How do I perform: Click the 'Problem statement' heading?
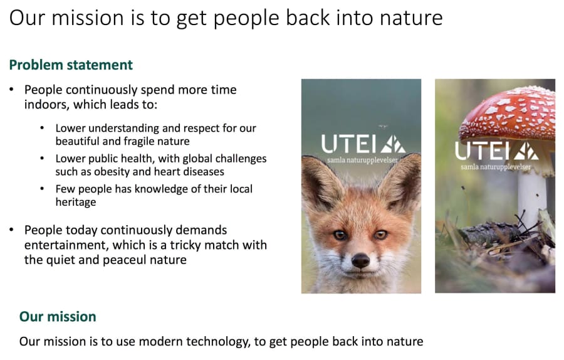pos(71,65)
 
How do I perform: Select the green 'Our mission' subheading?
pos(58,317)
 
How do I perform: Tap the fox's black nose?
pos(360,260)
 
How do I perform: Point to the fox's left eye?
pos(340,235)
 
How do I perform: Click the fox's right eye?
pos(380,235)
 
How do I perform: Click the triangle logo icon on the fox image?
pos(393,144)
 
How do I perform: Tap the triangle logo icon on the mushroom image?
pos(526,151)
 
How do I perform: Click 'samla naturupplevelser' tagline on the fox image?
pos(363,160)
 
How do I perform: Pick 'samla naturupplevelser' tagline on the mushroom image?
pos(496,167)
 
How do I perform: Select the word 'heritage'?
pos(76,202)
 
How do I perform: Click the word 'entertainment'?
pos(66,245)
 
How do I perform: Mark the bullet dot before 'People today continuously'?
pos(11,230)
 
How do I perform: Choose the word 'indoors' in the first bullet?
pos(47,104)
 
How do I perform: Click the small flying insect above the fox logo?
pos(383,126)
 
